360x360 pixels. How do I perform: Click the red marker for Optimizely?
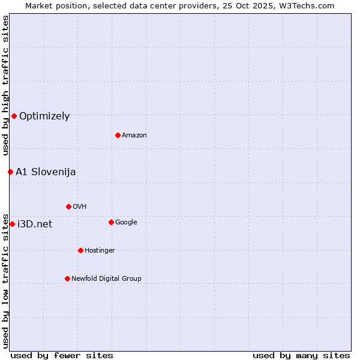point(14,116)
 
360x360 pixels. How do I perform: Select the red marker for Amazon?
point(118,135)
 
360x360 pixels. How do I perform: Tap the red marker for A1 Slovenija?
point(10,172)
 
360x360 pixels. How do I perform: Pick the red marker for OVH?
point(68,206)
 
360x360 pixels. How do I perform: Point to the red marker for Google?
point(111,222)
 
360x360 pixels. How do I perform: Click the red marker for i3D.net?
point(12,224)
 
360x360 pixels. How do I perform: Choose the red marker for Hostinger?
point(80,250)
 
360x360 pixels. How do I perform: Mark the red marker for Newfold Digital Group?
point(67,278)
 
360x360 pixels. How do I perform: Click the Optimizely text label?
point(44,116)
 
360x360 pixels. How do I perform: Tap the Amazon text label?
point(134,136)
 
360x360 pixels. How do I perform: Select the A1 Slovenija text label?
point(46,172)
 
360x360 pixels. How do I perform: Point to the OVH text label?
point(80,207)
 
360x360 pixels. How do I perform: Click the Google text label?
point(126,223)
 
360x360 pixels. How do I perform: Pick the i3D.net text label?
point(35,224)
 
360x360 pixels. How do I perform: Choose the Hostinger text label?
point(100,251)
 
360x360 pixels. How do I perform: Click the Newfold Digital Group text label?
point(106,279)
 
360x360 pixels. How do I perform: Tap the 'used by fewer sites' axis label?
point(62,355)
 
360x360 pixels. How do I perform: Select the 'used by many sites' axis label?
point(301,355)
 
